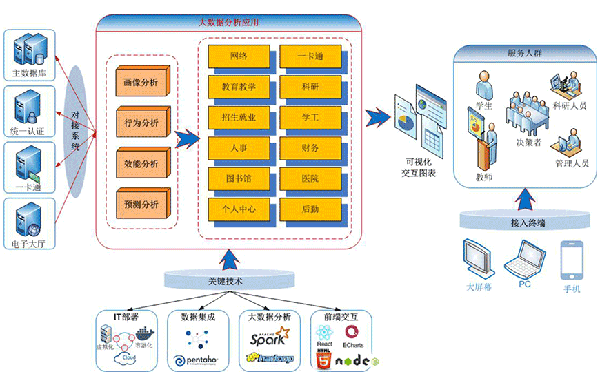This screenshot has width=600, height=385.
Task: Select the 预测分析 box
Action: pyautogui.click(x=141, y=204)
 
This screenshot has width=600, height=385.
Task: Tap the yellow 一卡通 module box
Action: pyautogui.click(x=310, y=56)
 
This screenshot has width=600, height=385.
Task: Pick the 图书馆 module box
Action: pyautogui.click(x=239, y=178)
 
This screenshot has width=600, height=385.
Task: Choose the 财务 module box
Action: pyautogui.click(x=310, y=148)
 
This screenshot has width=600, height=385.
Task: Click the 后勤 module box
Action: pyautogui.click(x=310, y=209)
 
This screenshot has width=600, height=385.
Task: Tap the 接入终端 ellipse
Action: pyautogui.click(x=528, y=222)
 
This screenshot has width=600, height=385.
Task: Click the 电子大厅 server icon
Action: pyautogui.click(x=29, y=220)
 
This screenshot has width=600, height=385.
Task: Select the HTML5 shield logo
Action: pyautogui.click(x=323, y=360)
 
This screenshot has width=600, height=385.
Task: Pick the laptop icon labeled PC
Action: pyautogui.click(x=522, y=258)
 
